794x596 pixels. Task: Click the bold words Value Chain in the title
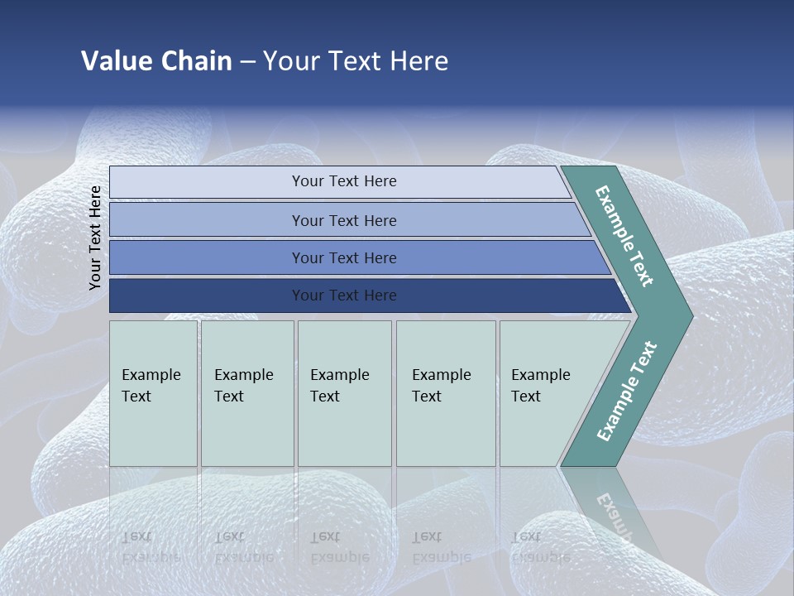pyautogui.click(x=156, y=61)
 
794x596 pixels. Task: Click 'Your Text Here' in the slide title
pyautogui.click(x=356, y=61)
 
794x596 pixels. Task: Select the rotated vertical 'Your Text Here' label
pyautogui.click(x=95, y=238)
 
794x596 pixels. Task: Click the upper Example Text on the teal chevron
pyautogui.click(x=624, y=236)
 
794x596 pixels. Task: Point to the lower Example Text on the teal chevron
pyautogui.click(x=626, y=392)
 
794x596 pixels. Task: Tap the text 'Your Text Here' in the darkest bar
pyautogui.click(x=344, y=296)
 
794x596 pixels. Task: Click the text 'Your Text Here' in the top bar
pyautogui.click(x=344, y=181)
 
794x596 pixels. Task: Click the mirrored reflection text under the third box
pyautogui.click(x=339, y=547)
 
